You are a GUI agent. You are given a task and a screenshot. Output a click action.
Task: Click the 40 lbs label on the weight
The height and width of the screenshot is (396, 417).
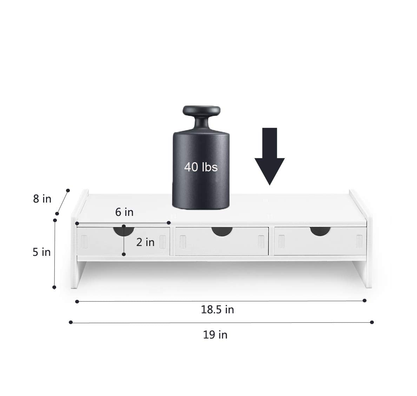[201, 167]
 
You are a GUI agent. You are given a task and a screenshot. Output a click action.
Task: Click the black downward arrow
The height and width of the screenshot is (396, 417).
[270, 156]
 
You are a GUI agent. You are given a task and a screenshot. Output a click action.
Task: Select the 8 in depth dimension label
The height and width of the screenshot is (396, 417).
[42, 199]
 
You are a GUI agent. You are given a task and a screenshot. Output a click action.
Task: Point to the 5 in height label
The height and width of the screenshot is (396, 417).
[41, 252]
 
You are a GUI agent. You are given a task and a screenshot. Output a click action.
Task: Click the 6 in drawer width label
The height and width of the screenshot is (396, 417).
[124, 212]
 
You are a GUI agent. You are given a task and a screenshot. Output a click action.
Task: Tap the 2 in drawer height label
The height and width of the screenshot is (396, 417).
[145, 242]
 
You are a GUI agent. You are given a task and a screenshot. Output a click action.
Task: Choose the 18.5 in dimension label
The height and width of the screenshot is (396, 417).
[217, 310]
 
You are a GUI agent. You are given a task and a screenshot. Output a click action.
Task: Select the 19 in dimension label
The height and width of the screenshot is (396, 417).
[215, 335]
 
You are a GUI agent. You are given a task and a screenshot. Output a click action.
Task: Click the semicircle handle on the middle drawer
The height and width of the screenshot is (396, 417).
[222, 231]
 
